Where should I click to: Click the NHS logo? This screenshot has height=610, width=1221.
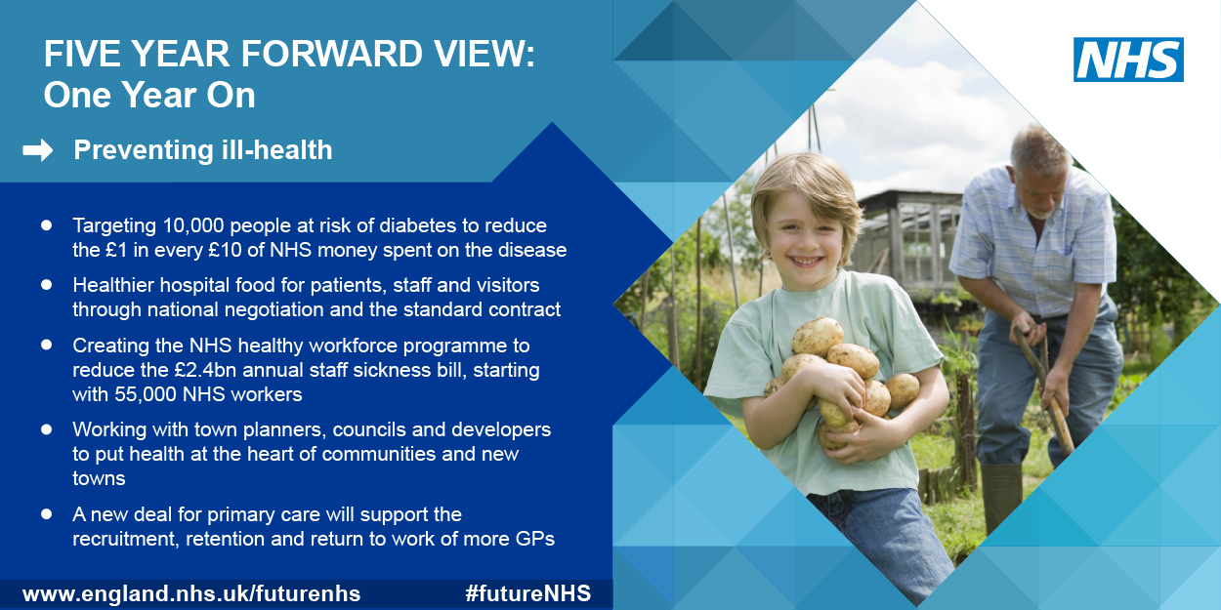pos(1128,60)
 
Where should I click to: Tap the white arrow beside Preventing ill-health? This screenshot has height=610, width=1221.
pos(38,150)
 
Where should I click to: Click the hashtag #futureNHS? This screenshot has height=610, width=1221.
pos(528,593)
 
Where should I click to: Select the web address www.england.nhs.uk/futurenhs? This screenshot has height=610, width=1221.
pos(191,593)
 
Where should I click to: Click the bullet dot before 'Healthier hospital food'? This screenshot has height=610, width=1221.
pos(46,284)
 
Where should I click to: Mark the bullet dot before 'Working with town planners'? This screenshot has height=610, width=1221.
pos(46,429)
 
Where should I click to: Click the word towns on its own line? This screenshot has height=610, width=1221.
pos(99,479)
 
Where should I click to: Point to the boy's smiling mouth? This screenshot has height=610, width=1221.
pos(806,261)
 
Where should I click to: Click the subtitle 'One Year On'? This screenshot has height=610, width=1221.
pos(149,96)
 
